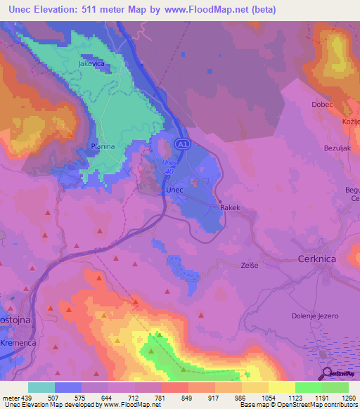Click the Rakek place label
[x=230, y=208]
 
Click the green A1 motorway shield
[x=183, y=144]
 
